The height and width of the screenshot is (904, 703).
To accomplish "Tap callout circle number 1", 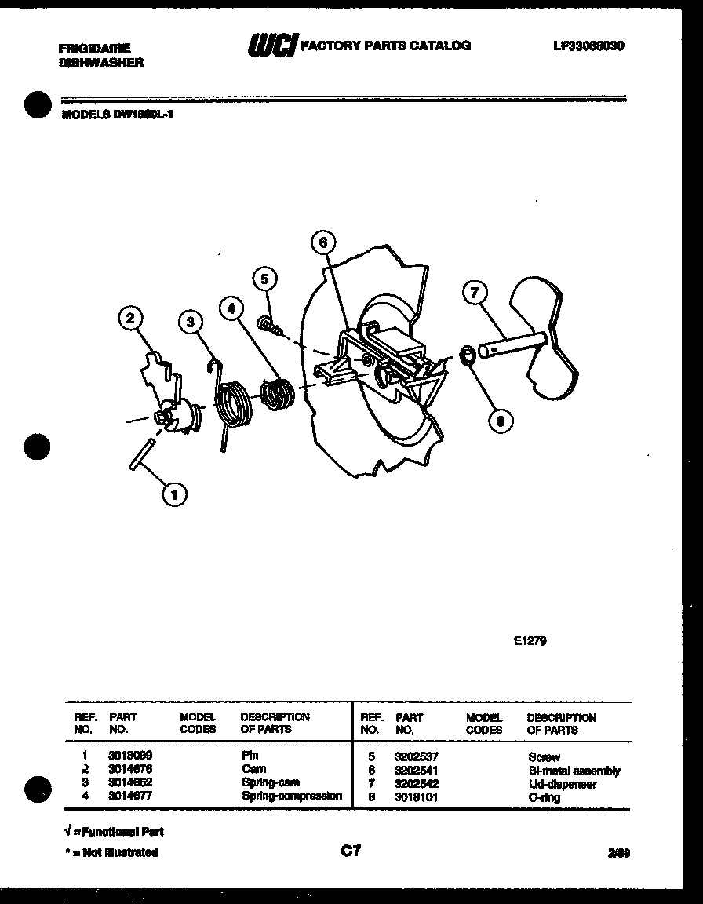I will pos(175,494).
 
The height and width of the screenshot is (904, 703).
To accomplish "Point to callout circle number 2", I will pos(131,319).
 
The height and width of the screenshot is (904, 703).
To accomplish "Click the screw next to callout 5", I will pos(268,323).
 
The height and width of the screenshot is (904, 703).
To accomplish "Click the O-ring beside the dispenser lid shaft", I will pos(465,355).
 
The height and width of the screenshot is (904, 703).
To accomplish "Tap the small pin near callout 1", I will pos(142,454).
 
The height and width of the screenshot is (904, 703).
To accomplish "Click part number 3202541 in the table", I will pos(416,771).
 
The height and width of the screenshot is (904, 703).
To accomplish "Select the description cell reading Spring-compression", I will pos(291,796).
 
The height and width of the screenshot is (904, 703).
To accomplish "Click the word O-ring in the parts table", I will pos(545,797).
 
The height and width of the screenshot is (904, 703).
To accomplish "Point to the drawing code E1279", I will pos(530,640).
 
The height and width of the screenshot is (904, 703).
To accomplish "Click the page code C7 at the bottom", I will pos(351,850).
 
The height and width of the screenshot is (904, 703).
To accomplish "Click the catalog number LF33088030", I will pos(588,46).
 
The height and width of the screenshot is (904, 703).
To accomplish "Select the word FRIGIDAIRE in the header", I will pos(94,49).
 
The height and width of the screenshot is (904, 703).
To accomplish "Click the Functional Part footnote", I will pos(114,831).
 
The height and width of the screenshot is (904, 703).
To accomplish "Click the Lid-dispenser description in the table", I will pos(562,784).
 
